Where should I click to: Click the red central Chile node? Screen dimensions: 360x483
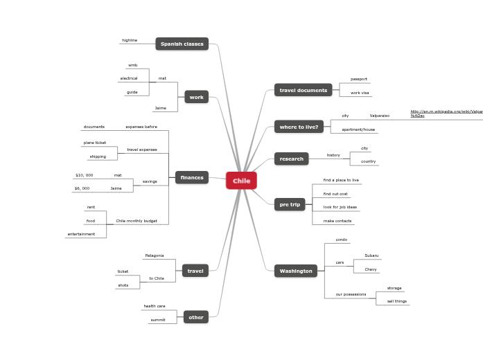(241, 181)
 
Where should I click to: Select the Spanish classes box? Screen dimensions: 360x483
(182, 44)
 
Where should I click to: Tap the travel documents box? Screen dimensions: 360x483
(303, 90)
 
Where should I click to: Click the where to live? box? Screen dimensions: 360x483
(299, 127)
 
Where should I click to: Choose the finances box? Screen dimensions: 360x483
(192, 178)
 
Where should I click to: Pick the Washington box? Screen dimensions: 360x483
(296, 271)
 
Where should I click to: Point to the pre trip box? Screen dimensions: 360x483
(290, 204)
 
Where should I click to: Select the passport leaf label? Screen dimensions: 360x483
(359, 79)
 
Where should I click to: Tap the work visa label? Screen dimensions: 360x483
(360, 93)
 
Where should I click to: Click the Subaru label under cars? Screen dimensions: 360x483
(371, 255)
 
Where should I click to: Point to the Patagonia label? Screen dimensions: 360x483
(155, 255)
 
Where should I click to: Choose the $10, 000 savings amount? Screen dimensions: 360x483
(84, 175)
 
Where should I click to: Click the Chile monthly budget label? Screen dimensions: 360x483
(137, 221)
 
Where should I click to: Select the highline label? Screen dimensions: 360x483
(130, 40)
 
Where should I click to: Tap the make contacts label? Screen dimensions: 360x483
(337, 221)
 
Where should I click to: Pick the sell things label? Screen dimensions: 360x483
(396, 301)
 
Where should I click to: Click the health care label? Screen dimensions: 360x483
(155, 306)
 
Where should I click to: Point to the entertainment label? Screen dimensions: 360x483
(81, 234)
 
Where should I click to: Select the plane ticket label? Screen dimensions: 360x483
(95, 143)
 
